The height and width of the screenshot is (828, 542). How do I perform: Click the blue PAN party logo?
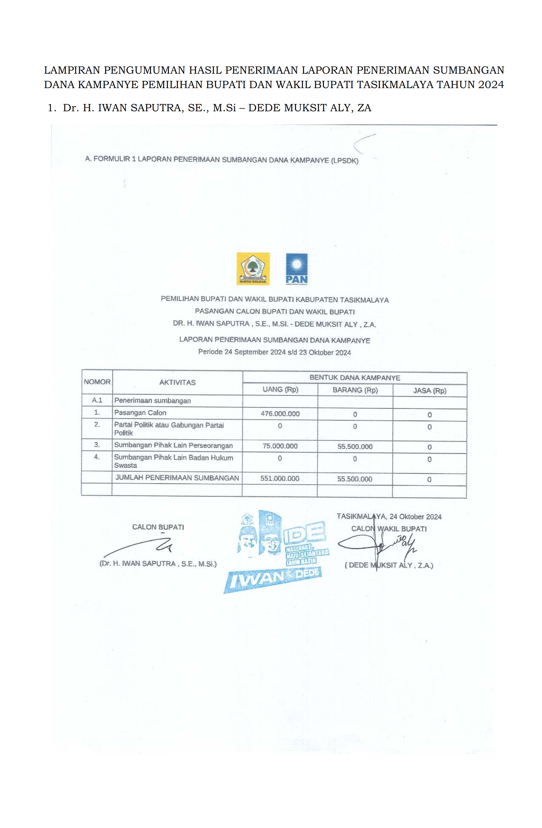(297, 268)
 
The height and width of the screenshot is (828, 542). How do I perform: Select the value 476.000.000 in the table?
(280, 414)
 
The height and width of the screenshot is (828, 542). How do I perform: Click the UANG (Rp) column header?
(280, 389)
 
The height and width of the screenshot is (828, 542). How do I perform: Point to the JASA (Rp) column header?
(430, 391)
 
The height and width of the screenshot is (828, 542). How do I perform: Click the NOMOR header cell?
(97, 382)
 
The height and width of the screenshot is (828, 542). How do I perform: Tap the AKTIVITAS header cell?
(177, 382)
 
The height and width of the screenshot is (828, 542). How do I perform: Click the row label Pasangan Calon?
(140, 413)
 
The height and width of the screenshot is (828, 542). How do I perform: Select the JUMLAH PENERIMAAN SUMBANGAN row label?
(177, 478)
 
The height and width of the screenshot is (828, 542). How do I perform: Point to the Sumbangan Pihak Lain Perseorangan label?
(173, 445)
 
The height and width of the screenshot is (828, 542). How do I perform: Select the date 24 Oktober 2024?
(415, 517)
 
